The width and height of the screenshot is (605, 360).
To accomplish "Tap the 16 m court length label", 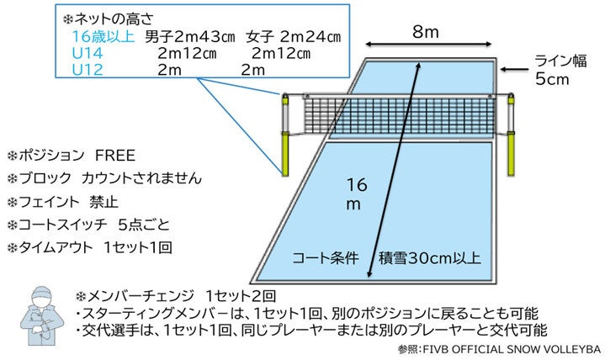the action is (359, 193).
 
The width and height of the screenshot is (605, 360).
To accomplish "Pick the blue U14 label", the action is (86, 53).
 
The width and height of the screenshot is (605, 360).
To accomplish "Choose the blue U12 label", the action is (86, 69).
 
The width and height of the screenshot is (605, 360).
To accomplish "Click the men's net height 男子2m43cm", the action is (190, 37).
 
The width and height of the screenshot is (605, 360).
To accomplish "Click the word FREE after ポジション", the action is (114, 156).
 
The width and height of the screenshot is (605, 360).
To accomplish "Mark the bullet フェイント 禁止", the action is (67, 202).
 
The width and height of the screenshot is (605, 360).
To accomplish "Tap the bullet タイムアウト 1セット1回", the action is (90, 248).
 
